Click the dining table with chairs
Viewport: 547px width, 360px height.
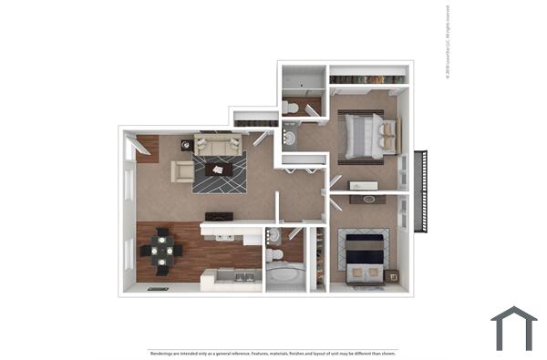[x=161, y=250]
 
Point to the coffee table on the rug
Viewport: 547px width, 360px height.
[x=219, y=169]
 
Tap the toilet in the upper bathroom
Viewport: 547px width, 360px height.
[x=291, y=108]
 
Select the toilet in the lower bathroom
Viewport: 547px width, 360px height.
[x=273, y=237]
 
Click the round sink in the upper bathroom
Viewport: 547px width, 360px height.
[x=290, y=139]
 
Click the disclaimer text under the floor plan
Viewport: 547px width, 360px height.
[x=273, y=352]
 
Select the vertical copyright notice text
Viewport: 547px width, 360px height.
[x=449, y=43]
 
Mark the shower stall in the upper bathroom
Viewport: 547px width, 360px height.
[x=303, y=80]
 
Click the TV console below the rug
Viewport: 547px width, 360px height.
[x=219, y=216]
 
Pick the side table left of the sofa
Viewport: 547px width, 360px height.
[x=187, y=144]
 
